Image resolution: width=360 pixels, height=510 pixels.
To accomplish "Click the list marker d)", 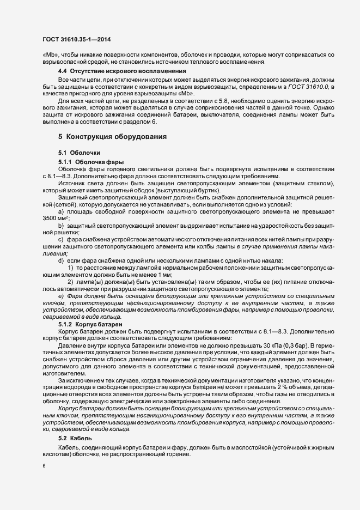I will coord(61,260).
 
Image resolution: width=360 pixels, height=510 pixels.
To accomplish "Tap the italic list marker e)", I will coord(61,295).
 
